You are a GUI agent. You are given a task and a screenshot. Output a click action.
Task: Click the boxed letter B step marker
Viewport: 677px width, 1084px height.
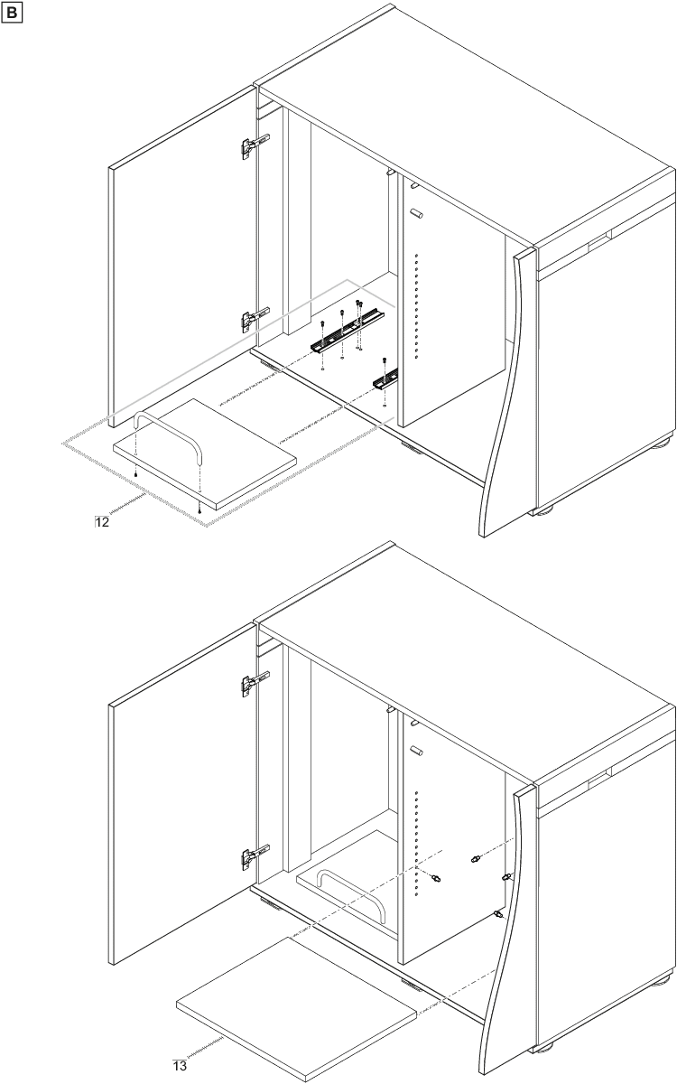coord(12,13)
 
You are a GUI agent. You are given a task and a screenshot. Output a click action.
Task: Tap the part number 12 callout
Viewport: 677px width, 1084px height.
coord(102,522)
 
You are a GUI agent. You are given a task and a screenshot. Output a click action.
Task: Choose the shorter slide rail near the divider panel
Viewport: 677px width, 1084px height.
coord(385,378)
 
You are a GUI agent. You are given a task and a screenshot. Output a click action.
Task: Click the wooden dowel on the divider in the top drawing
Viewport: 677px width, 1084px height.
coord(416,213)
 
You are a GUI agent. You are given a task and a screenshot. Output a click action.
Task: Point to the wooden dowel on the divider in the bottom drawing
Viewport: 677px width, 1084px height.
coord(416,751)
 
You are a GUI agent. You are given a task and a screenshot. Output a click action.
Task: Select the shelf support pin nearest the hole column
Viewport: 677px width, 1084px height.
coord(435,878)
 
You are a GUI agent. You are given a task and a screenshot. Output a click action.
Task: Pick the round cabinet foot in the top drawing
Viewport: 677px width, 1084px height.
coord(659,442)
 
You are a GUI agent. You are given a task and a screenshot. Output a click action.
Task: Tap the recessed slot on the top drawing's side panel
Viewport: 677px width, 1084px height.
coord(599,239)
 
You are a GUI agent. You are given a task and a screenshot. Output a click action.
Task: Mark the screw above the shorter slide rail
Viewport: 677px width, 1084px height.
coord(385,360)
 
